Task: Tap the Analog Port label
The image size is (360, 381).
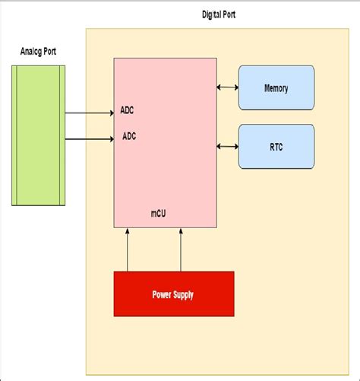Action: (x=38, y=52)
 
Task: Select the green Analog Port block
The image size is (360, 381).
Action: (x=38, y=135)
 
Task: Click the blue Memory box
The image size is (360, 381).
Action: (x=276, y=88)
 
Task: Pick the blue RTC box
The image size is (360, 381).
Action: (x=276, y=146)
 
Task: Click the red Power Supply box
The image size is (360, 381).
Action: (x=174, y=294)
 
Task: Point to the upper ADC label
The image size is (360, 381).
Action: (x=128, y=110)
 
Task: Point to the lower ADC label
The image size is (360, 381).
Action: (x=130, y=138)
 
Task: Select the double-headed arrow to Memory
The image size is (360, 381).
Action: (x=227, y=88)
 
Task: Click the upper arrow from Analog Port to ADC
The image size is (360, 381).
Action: (x=89, y=113)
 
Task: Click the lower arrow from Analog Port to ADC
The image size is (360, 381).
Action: (x=89, y=139)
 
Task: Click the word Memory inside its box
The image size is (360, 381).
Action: (x=276, y=88)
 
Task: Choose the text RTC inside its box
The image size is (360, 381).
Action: (x=276, y=146)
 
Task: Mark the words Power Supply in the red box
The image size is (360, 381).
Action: (x=174, y=294)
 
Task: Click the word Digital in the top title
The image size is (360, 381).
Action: (x=213, y=15)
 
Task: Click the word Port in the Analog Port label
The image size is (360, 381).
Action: (x=48, y=52)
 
